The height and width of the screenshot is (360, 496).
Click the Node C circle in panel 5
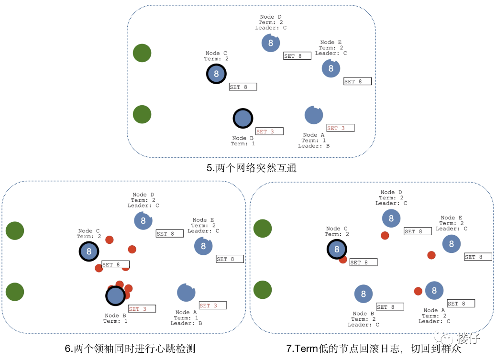point(216,74)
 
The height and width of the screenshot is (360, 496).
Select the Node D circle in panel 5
point(271,43)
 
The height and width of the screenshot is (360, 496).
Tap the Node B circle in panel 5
point(243,119)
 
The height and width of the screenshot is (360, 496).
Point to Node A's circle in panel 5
point(314,115)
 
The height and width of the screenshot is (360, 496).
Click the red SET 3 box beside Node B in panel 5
point(269,131)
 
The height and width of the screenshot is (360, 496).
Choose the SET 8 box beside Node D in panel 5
point(297,56)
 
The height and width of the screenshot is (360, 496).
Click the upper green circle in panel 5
point(142,53)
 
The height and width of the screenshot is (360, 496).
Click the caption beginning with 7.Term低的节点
point(374,349)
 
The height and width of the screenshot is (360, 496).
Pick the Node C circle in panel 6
point(88,251)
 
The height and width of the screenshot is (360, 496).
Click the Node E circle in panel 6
point(203,246)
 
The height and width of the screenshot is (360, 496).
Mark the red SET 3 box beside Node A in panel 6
point(213,305)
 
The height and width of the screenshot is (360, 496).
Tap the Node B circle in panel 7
point(364,294)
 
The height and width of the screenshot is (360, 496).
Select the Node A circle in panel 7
point(434,291)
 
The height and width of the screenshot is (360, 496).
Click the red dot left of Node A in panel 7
point(418,291)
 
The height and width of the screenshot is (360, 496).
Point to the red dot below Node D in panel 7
point(385,235)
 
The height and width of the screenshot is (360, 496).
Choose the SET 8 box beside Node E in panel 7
point(478,257)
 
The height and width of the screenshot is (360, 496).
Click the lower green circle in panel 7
point(263,290)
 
